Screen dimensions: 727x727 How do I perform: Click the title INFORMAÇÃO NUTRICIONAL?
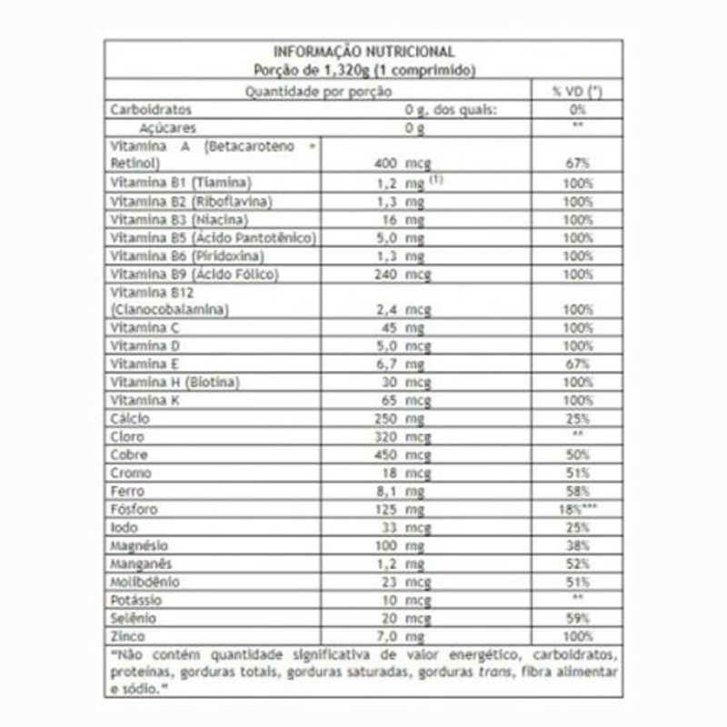[363, 52]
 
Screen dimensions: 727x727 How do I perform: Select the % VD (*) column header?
[577, 91]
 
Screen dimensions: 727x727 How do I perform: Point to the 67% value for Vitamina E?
[577, 364]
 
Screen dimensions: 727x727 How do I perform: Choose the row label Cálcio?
[128, 419]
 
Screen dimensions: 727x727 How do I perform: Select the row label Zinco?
[126, 637]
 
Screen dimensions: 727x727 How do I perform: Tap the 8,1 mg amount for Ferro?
[393, 492]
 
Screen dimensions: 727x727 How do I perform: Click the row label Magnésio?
[136, 546]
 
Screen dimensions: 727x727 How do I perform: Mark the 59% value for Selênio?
[577, 619]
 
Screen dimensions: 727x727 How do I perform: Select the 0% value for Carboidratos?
[577, 109]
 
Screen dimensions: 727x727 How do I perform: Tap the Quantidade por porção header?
[317, 91]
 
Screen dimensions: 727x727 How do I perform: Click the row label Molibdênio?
[140, 583]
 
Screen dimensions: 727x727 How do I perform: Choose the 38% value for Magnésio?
[577, 546]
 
